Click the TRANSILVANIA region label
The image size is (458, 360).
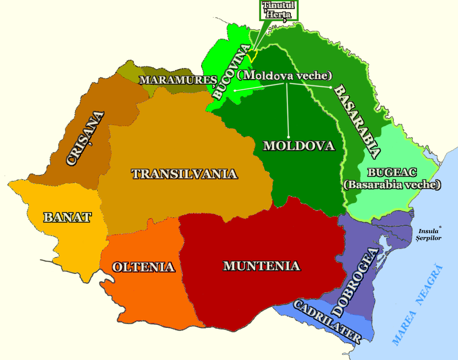(184, 174)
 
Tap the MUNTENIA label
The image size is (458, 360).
(262, 266)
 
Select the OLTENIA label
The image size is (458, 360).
(143, 267)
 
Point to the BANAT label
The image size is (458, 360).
(67, 217)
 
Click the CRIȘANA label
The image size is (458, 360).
(85, 138)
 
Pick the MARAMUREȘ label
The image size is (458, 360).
(178, 80)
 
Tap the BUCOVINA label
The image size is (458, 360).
(232, 71)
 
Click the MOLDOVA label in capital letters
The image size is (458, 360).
(299, 146)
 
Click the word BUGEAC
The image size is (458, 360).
(392, 173)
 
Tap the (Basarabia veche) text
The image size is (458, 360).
(392, 185)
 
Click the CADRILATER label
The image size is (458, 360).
(327, 321)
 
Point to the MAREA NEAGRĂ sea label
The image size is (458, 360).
(419, 305)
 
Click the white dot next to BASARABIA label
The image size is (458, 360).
(330, 87)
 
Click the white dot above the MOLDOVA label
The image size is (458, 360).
(289, 136)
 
